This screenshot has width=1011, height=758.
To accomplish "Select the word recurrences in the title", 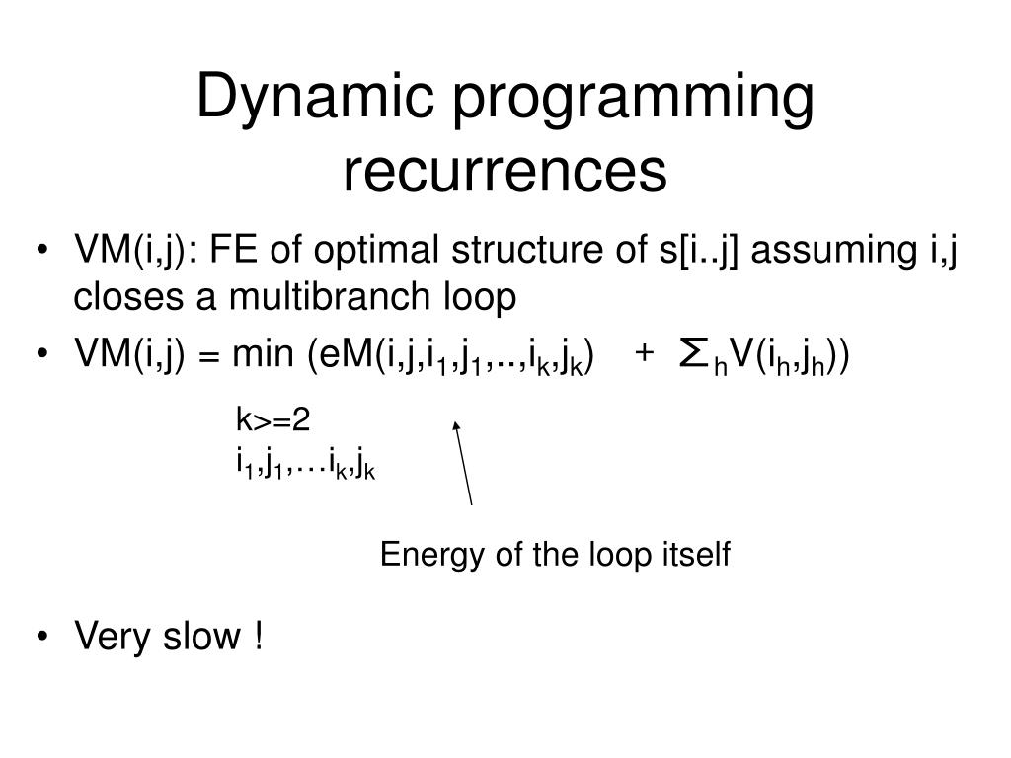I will tap(505, 171).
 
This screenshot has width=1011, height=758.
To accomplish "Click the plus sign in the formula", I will tap(644, 355).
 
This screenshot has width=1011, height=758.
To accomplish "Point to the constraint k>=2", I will tap(272, 421).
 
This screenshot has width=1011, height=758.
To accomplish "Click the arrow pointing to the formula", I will tap(462, 462).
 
